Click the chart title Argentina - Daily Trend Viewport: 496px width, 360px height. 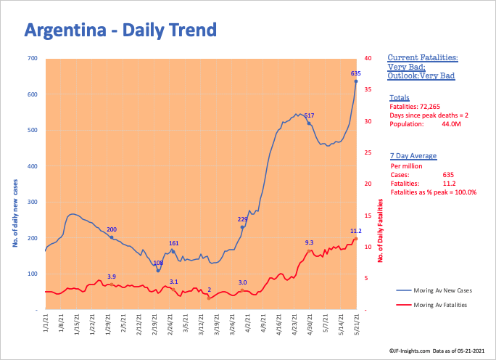[120, 30]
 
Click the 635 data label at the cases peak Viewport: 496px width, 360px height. [355, 73]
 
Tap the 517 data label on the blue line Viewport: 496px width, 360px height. [308, 116]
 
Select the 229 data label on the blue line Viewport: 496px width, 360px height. [243, 218]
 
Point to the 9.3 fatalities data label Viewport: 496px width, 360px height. [309, 242]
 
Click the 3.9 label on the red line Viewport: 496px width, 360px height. [111, 277]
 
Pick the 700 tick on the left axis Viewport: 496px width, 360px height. [33, 58]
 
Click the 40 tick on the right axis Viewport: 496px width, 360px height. [368, 58]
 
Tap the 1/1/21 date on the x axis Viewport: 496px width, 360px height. [46, 322]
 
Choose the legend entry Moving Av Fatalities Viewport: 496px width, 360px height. [440, 305]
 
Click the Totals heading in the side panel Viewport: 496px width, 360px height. [399, 97]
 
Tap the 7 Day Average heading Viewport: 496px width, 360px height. [412, 156]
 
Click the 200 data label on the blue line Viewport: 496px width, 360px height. [111, 230]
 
